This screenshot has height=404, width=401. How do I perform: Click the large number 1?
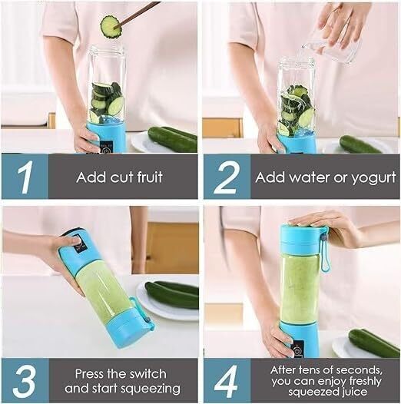coord(24,177)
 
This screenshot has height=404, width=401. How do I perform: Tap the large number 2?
coord(227,177)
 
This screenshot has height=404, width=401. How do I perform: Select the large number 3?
coord(24,380)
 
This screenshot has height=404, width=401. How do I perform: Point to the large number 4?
coord(227,380)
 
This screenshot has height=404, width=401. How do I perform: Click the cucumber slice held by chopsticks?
coord(111,27)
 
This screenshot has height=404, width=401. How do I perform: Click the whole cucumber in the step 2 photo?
coord(361,144)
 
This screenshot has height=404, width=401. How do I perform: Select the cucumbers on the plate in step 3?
coord(171,293)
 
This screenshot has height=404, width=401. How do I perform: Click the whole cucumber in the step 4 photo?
coord(373,342)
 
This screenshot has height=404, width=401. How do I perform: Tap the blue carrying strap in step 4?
coord(324,250)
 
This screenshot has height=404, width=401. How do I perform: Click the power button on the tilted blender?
coord(77,244)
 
